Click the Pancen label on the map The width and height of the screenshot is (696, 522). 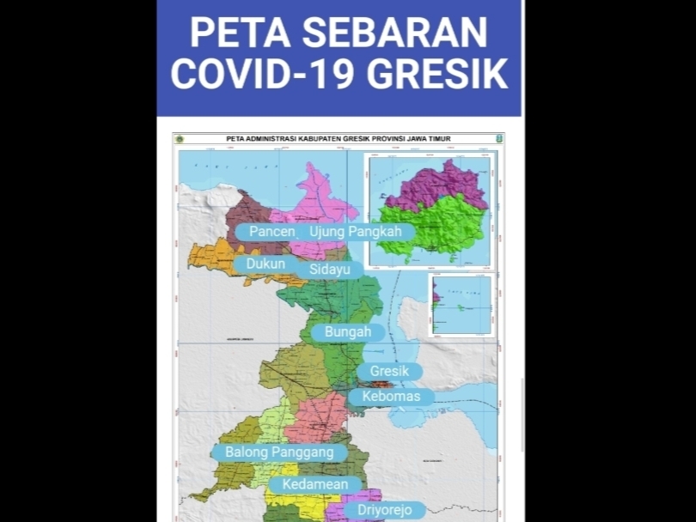pos(272,232)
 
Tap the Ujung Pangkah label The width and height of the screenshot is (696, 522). pos(357,232)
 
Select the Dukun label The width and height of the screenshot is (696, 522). pos(266,264)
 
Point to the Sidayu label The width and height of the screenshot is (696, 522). pos(331,270)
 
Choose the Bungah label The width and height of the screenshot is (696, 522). pos(348,331)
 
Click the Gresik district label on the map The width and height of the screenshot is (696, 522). pos(389,372)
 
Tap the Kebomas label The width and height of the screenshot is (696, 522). pos(391,397)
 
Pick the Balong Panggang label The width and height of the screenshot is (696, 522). pos(279,452)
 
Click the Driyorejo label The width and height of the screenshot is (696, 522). pos(378,510)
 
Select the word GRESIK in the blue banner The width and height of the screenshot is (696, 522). pos(437,76)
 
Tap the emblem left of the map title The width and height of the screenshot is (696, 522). pos(180,138)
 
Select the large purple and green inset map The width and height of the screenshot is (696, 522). pos(430,211)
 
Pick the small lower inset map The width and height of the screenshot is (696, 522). pos(461,305)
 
